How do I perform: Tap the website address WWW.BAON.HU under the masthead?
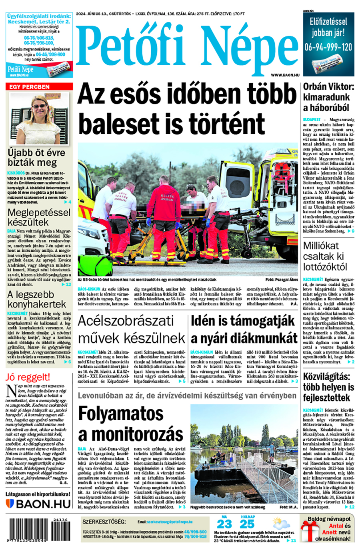pyautogui.click(x=285, y=75)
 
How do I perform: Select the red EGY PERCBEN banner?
pyautogui.click(x=39, y=86)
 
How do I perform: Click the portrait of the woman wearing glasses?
pyautogui.click(x=39, y=119)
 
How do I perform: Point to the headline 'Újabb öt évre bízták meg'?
pyautogui.click(x=36, y=157)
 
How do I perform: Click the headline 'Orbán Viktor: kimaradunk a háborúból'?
pyautogui.click(x=328, y=97)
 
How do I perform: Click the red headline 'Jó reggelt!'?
pyautogui.click(x=28, y=377)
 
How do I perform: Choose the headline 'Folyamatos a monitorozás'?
pyautogui.click(x=130, y=423)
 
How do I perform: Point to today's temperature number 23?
pyautogui.click(x=224, y=524)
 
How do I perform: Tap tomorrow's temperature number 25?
pyautogui.click(x=247, y=524)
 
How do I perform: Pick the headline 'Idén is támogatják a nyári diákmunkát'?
pyautogui.click(x=244, y=329)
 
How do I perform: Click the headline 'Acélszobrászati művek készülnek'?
pyautogui.click(x=131, y=329)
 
